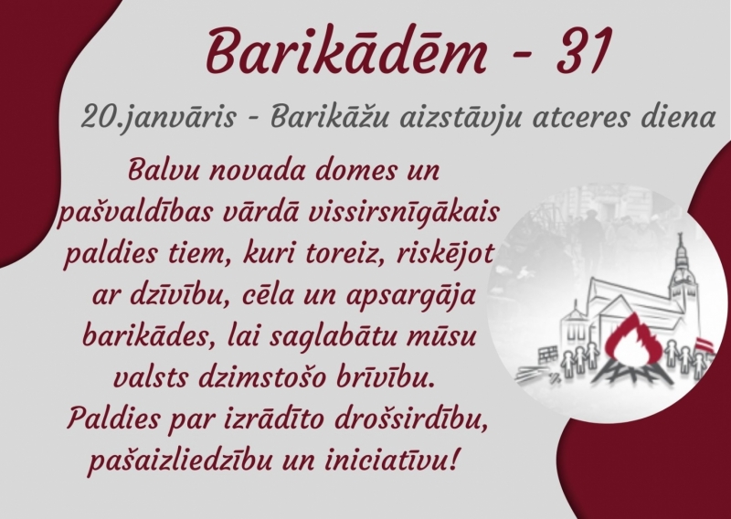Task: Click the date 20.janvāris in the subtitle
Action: [x=146, y=117]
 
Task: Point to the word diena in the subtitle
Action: [x=677, y=117]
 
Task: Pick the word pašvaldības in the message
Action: [x=132, y=212]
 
